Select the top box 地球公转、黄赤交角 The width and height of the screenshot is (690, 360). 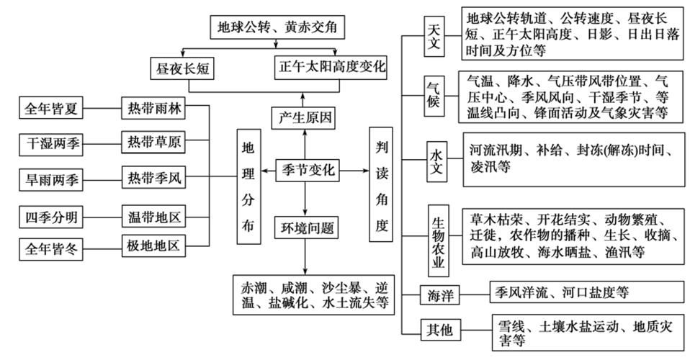[277, 29]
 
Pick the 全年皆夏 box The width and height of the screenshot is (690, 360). [50, 109]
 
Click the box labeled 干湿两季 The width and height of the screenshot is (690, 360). [50, 144]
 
